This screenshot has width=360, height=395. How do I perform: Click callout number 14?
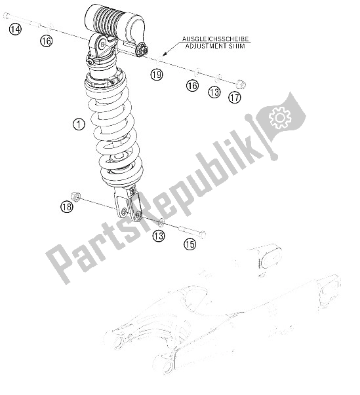(15, 29)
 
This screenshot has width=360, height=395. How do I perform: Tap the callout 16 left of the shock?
(45, 41)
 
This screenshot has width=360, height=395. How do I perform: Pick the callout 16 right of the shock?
(191, 86)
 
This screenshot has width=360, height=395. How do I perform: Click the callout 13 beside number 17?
(214, 93)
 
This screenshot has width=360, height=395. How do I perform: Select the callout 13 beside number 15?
(159, 235)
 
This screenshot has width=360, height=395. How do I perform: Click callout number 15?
(190, 245)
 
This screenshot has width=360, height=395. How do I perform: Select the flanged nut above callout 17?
(239, 84)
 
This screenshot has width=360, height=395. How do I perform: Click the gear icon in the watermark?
(280, 117)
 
